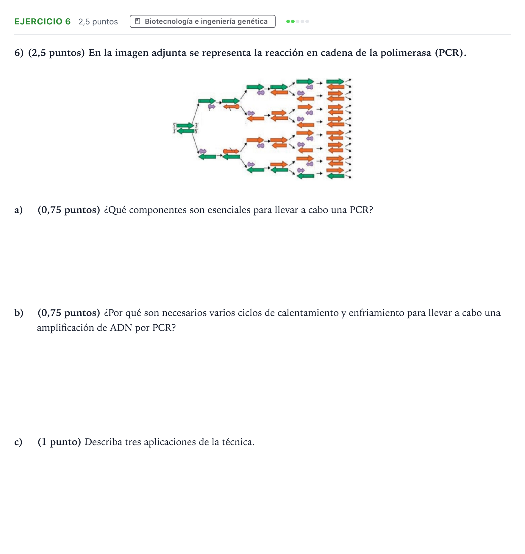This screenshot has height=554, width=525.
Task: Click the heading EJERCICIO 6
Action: pos(43,21)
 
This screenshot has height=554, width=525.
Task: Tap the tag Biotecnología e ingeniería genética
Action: pos(202,21)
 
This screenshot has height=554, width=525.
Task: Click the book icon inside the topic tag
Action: pos(137,21)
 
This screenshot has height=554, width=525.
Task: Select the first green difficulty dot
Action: pos(288,21)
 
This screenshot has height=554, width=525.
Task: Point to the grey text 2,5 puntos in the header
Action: pos(98,22)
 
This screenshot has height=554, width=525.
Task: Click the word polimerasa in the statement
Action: pos(406,53)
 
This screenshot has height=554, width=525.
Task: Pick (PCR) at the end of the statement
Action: pos(451,53)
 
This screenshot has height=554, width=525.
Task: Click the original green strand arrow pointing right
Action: pos(185,125)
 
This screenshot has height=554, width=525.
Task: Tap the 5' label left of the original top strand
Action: pos(175,125)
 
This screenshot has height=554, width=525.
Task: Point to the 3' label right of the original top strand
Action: pos(196,125)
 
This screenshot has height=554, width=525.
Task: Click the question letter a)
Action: pos(18,210)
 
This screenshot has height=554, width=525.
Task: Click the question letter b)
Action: pos(19,313)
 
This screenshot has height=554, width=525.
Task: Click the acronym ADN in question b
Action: pos(121,328)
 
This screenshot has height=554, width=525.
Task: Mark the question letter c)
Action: pos(18,442)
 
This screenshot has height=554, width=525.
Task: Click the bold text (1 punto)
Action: pos(59,442)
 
